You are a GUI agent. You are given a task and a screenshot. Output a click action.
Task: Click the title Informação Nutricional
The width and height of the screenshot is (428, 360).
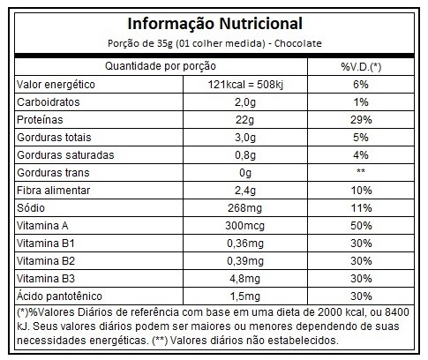tap(215, 24)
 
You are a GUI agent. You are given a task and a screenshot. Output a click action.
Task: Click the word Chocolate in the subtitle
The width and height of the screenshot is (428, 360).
tap(298, 43)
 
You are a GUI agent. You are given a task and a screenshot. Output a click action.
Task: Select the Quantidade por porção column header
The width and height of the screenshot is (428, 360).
tap(161, 66)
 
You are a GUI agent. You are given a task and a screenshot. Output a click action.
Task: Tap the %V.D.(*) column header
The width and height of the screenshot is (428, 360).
tap(361, 67)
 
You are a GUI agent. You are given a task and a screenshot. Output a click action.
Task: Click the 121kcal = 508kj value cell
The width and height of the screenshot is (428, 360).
tap(245, 85)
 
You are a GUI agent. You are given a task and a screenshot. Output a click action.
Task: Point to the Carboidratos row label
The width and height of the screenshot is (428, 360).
tap(49, 102)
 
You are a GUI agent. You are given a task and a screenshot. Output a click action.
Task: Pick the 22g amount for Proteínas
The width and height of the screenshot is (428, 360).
tap(244, 120)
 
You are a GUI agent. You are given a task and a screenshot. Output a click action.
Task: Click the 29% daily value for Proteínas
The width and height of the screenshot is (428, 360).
tap(361, 120)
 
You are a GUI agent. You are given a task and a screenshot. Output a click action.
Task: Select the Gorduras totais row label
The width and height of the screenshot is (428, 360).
tap(54, 138)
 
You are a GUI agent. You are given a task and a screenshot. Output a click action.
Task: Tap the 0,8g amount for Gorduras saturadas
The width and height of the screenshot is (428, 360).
tap(245, 155)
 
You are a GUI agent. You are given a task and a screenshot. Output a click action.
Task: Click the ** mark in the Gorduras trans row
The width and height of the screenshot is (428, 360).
tap(361, 171)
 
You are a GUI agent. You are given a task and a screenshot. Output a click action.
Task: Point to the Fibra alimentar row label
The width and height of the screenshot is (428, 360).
tap(53, 191)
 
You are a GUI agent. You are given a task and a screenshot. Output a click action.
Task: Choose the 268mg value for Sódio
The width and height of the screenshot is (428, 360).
tap(244, 208)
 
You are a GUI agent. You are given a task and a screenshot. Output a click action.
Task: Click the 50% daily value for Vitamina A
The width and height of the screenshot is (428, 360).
tap(361, 226)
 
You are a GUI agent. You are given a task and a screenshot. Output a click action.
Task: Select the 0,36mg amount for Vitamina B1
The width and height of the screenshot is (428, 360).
tap(245, 244)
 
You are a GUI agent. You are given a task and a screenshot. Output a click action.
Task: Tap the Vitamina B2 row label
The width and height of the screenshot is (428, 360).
tap(46, 261)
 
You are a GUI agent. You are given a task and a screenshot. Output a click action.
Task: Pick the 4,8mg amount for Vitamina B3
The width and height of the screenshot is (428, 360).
tap(245, 279)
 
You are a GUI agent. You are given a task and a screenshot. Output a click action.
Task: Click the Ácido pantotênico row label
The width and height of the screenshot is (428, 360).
tap(59, 296)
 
